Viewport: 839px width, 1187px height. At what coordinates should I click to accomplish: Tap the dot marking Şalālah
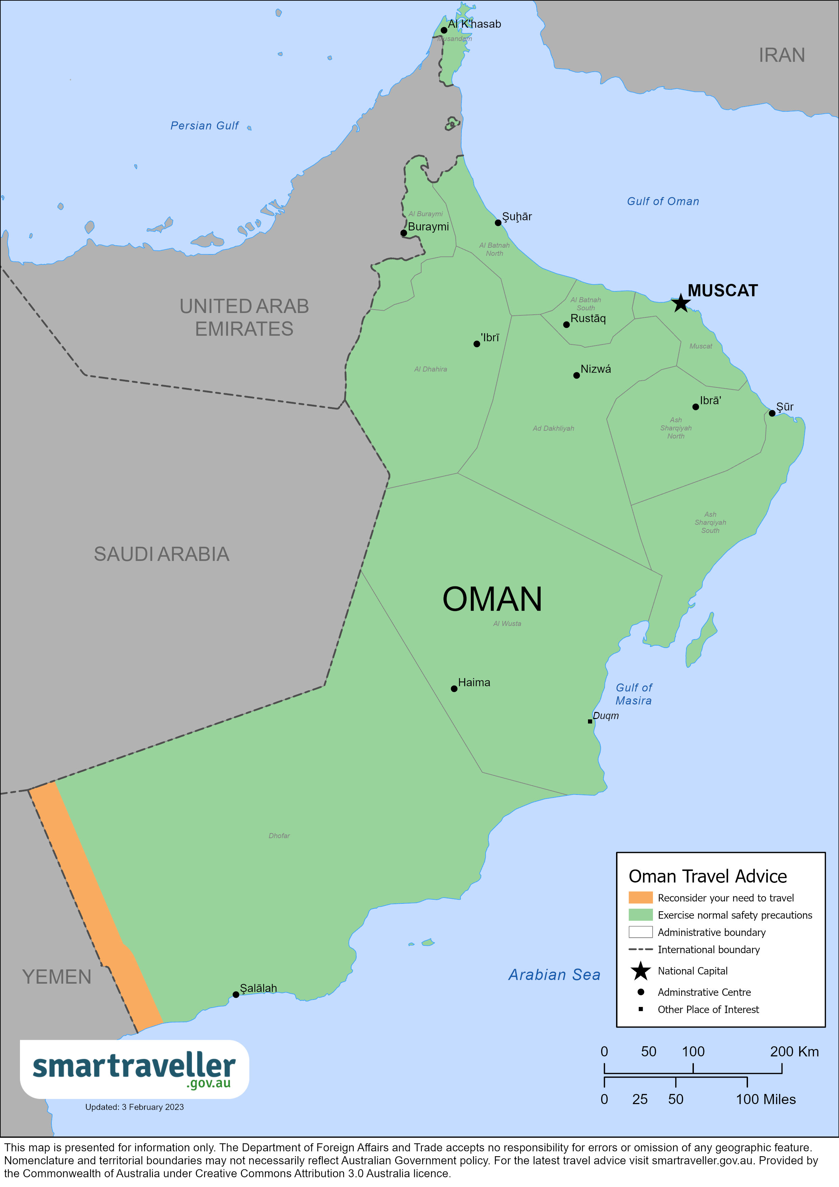tap(236, 994)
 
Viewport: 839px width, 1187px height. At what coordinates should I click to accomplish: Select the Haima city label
tap(474, 682)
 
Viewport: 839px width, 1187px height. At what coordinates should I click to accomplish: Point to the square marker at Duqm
tap(590, 721)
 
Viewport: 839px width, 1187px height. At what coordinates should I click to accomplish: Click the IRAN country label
tap(781, 55)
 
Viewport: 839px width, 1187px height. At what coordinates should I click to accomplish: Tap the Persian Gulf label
tap(204, 126)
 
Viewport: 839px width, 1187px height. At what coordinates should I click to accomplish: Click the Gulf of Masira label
tap(633, 694)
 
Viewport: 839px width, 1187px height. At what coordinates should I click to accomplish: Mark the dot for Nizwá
tap(576, 375)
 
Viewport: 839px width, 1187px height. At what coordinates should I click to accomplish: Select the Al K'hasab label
tap(474, 24)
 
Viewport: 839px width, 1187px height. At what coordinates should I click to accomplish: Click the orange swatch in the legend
tap(640, 897)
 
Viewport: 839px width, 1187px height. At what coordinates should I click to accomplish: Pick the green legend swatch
tap(640, 915)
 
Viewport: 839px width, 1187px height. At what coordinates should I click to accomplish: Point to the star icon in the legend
tap(640, 971)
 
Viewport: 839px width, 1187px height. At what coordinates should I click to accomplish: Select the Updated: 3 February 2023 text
tap(134, 1107)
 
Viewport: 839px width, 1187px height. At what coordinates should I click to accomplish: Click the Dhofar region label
tap(279, 835)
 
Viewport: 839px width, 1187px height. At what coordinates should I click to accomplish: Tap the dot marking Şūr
tap(772, 413)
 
